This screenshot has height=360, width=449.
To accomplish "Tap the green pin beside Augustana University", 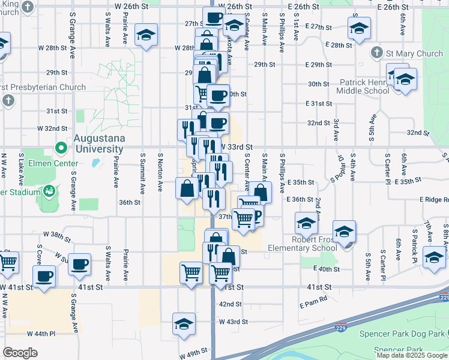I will point(61,147).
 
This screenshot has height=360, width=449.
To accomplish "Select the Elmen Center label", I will point(55,163).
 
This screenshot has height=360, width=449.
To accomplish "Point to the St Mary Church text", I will point(414,53).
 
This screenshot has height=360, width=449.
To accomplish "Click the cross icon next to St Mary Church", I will point(377,53).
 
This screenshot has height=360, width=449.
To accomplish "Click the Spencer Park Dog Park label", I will point(403,334).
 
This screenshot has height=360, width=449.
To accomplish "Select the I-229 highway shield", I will point(444,297).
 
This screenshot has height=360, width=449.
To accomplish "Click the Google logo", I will point(20,352).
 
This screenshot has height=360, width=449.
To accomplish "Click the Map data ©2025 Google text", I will point(411,355).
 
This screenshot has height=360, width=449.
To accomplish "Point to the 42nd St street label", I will point(229,304).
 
